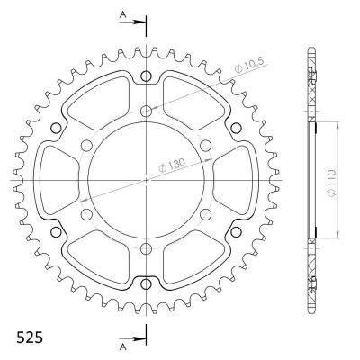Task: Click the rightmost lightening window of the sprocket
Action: pyautogui.click(x=232, y=180)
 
